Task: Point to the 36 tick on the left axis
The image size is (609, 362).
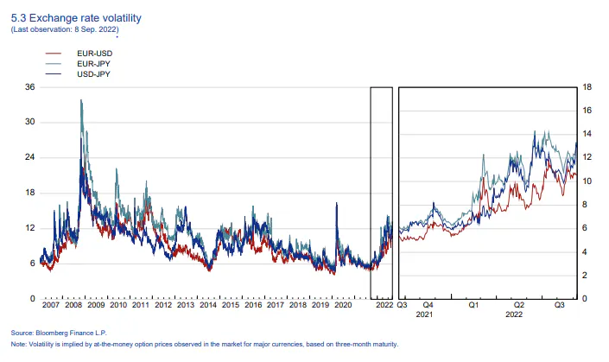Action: pyautogui.click(x=29, y=87)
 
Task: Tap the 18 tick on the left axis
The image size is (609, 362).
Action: pyautogui.click(x=29, y=193)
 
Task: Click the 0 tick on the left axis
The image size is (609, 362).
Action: pyautogui.click(x=32, y=299)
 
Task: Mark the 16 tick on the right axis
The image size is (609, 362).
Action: pyautogui.click(x=587, y=111)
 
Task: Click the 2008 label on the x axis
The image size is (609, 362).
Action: pyautogui.click(x=73, y=306)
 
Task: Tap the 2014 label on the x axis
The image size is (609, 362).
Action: pyautogui.click(x=207, y=306)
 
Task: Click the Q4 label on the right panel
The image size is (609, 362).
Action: pyautogui.click(x=428, y=306)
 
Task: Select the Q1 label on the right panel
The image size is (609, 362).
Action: pyautogui.click(x=473, y=306)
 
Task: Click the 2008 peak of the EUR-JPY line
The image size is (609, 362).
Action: pyautogui.click(x=81, y=100)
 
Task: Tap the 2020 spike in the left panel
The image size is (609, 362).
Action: pyautogui.click(x=335, y=203)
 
